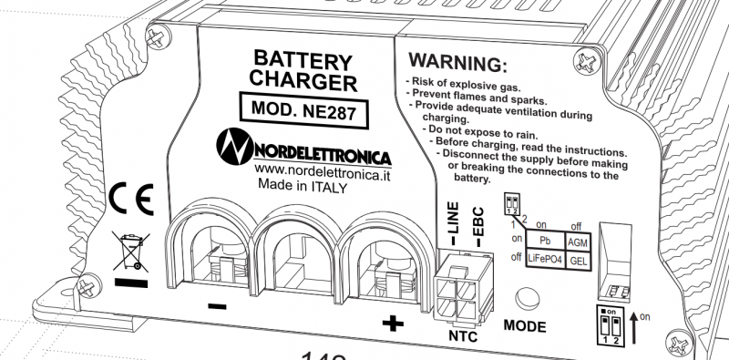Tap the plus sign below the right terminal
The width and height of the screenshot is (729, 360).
pyautogui.click(x=391, y=323)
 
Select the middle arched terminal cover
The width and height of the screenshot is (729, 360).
pyautogui.click(x=296, y=246)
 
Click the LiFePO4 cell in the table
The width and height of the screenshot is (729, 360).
pyautogui.click(x=545, y=260)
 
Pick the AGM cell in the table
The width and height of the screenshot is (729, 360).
pyautogui.click(x=578, y=242)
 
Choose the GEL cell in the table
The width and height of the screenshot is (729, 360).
pyautogui.click(x=578, y=261)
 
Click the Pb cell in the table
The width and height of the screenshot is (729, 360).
pyautogui.click(x=545, y=241)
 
